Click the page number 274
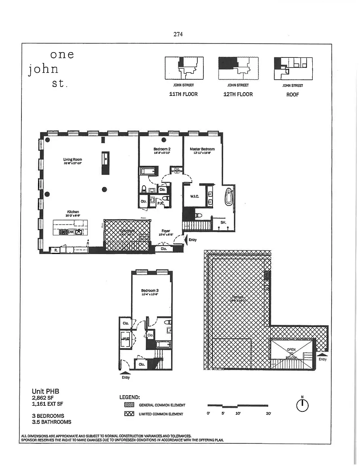coord(178,34)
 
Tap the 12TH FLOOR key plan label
coord(238,94)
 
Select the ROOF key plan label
coord(292,95)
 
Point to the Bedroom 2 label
coord(162,149)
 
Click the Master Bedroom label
coord(202,149)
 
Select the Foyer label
coord(166,231)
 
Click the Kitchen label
coord(73,212)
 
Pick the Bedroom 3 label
coord(149,291)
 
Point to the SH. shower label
coord(223,222)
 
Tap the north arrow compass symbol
coord(302,405)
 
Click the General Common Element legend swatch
coord(129,405)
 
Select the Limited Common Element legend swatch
coord(129,414)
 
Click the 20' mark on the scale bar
coord(268,414)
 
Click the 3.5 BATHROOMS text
coord(51,422)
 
